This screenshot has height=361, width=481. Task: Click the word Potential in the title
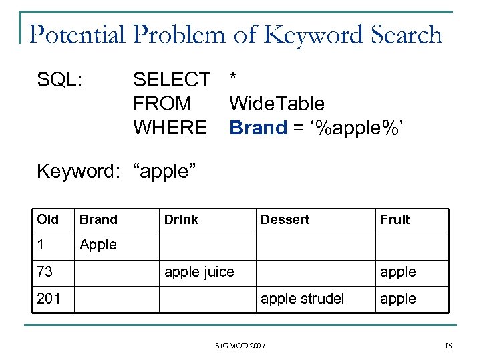(75, 35)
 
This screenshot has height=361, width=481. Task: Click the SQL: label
(60, 80)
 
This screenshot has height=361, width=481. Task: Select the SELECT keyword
(171, 80)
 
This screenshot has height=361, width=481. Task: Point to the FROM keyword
(162, 104)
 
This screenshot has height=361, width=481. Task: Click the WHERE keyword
(170, 128)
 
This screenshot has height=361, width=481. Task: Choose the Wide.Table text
(277, 104)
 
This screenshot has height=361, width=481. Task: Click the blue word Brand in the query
(258, 128)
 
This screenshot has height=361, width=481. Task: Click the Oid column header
(48, 219)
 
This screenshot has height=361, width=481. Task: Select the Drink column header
(181, 219)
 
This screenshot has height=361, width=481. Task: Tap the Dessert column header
(285, 219)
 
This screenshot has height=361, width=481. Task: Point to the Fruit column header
(395, 219)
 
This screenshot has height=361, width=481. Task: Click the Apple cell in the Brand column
(98, 245)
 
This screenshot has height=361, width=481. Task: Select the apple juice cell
(199, 272)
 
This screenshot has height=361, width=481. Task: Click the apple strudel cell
(302, 299)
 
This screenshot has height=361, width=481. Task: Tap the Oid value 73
(45, 272)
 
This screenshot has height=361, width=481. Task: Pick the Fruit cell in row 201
(398, 299)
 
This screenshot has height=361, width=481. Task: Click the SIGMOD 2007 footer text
(240, 346)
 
